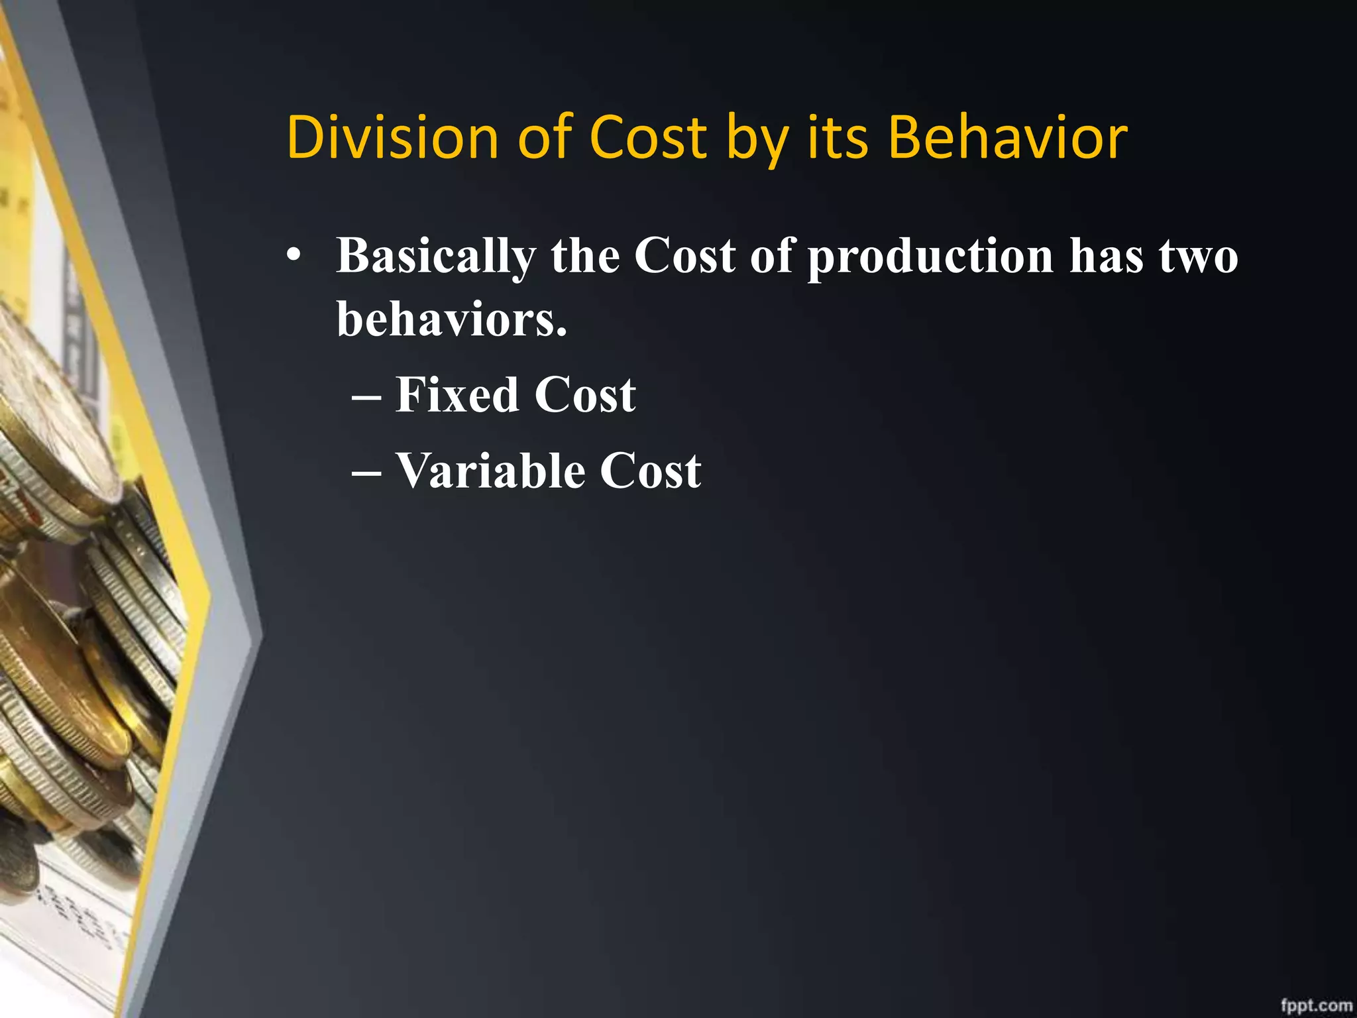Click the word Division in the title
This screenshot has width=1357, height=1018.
click(392, 138)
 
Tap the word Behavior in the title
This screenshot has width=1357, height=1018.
click(1007, 138)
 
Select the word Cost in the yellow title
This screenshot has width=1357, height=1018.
click(648, 138)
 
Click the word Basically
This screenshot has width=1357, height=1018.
click(436, 257)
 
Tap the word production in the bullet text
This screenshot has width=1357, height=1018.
click(930, 257)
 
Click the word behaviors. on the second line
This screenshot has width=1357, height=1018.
click(452, 319)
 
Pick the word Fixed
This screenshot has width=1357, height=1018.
click(457, 395)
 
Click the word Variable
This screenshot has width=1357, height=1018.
click(490, 471)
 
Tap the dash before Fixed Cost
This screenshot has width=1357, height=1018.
click(366, 398)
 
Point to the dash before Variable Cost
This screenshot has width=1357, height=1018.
click(366, 474)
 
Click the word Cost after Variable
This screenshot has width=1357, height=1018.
click(650, 471)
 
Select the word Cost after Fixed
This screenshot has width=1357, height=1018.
click(585, 395)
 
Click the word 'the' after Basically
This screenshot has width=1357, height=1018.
click(585, 257)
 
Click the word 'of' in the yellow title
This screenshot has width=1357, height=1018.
click(545, 138)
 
